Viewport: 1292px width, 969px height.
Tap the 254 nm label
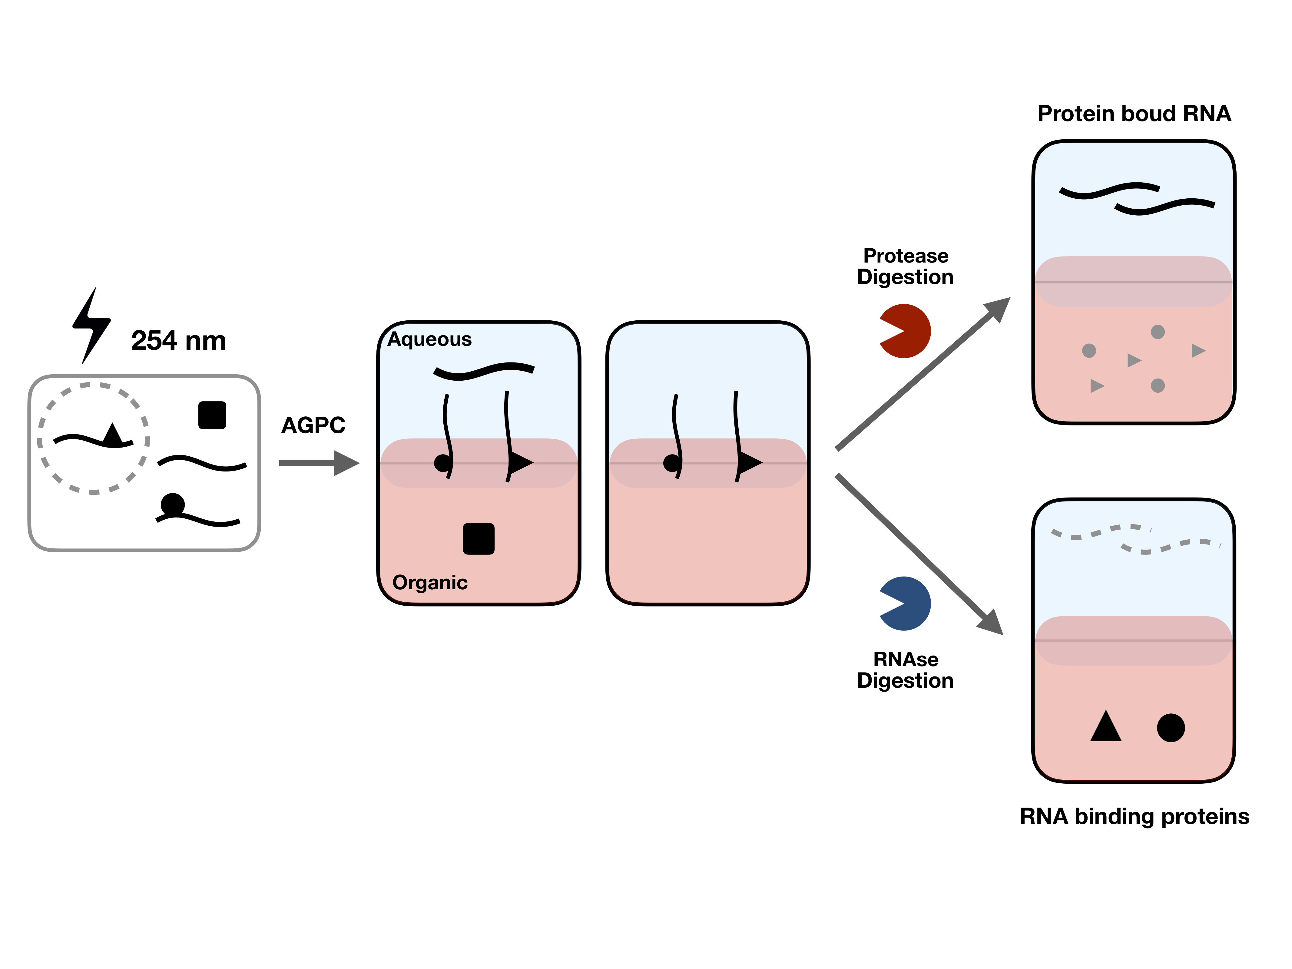[179, 341]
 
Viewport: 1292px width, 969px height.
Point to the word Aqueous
[429, 339]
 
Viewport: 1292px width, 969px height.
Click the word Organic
[430, 583]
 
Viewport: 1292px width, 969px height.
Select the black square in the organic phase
[479, 538]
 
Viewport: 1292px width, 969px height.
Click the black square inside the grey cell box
[212, 415]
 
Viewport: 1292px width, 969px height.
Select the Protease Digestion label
[905, 266]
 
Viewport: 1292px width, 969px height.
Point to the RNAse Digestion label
[905, 670]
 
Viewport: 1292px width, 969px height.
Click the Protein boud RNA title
[1134, 113]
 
